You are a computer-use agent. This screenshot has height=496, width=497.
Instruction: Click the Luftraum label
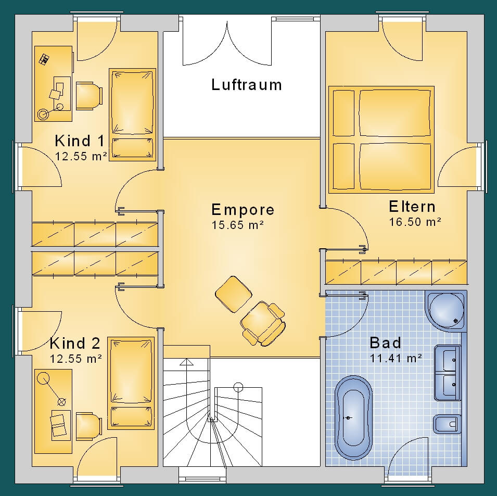point(247,85)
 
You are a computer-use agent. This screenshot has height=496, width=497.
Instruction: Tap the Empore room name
point(243,210)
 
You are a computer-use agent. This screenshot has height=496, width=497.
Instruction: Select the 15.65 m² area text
point(238,225)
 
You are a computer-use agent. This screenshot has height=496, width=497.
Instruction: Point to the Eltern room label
point(412,207)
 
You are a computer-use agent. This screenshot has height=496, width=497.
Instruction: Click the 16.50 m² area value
point(415,222)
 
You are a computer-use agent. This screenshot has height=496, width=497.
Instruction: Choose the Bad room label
point(386,343)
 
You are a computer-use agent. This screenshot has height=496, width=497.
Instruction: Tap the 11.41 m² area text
point(396,358)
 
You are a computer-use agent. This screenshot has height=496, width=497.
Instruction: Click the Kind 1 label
point(79,141)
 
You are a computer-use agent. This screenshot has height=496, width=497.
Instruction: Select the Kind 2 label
point(75,343)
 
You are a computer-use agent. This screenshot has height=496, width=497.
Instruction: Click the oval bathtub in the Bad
point(353,418)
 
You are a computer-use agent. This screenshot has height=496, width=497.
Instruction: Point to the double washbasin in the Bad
point(448,373)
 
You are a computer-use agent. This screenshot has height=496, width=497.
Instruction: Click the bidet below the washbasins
point(447,424)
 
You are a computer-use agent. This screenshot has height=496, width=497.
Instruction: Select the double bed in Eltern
point(381,139)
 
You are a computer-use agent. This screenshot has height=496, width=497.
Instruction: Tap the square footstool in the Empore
point(234,294)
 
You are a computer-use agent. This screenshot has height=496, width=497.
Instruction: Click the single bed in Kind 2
point(131,383)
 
